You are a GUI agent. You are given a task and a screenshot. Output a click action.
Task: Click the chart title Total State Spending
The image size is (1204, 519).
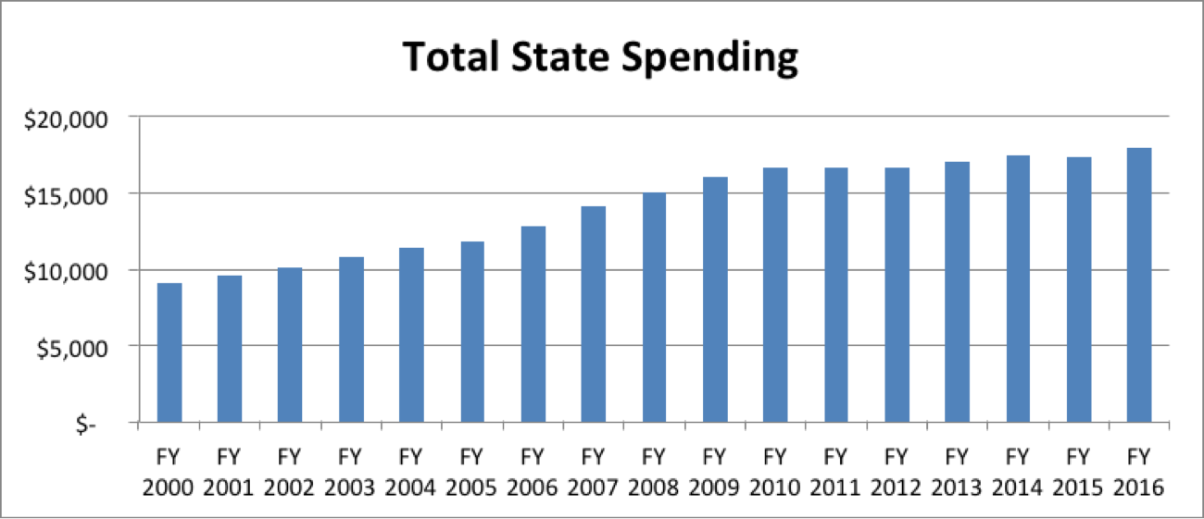(600, 58)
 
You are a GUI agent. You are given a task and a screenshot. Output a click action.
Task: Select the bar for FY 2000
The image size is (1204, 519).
(169, 352)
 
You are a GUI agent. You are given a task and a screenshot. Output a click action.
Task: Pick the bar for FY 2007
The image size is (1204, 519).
(594, 315)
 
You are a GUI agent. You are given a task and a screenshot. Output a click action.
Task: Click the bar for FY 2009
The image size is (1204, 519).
(715, 300)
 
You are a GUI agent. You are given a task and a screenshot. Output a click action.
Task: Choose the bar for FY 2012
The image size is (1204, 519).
(897, 295)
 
